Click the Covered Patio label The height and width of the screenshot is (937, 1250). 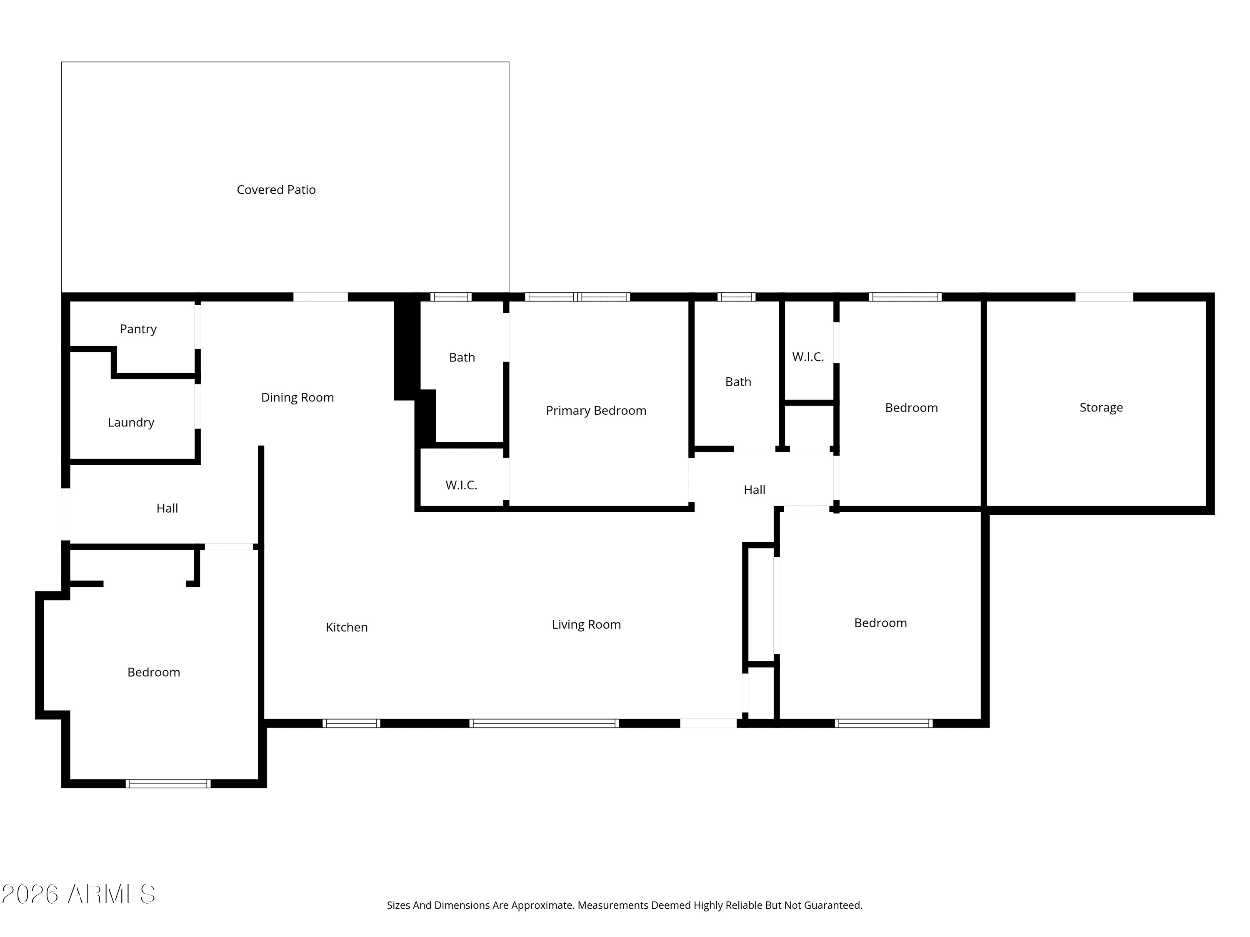pos(276,190)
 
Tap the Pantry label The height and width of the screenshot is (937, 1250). pos(138,329)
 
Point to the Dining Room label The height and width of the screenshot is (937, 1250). pos(297,398)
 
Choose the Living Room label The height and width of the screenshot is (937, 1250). pos(586,625)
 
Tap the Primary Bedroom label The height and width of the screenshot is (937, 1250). pos(595,411)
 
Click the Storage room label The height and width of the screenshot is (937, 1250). pos(1101,408)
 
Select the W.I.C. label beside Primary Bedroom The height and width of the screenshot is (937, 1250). pos(461,485)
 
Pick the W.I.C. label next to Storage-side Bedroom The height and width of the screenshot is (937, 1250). pos(807,357)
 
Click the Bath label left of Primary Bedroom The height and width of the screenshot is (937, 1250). pos(462,357)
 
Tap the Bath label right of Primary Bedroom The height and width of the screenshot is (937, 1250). pos(738,382)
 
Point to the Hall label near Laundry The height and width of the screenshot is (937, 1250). pos(167,508)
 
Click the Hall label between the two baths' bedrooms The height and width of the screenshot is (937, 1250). pos(755,490)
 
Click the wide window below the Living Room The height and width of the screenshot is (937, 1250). pos(544,723)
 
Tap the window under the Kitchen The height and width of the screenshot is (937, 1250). pos(351,723)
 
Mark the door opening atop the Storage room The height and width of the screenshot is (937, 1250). pos(1104,297)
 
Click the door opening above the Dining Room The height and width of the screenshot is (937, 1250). pos(320,297)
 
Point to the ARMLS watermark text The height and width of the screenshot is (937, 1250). pos(79,894)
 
